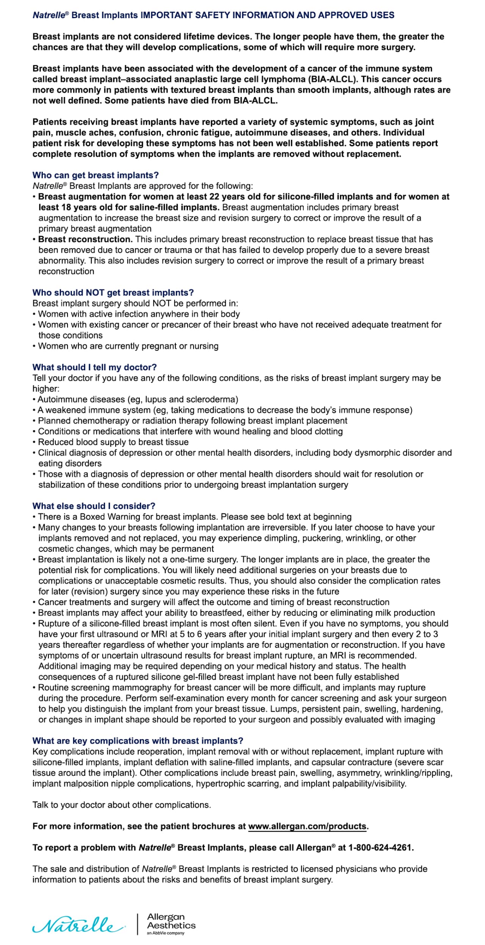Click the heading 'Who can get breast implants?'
(x=95, y=175)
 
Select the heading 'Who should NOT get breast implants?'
(x=113, y=293)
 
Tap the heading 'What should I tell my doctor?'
(x=94, y=367)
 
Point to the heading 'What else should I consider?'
(x=94, y=506)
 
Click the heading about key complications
(x=138, y=741)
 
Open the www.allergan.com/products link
(x=307, y=826)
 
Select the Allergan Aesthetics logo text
(x=171, y=921)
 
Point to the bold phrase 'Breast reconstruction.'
(x=85, y=239)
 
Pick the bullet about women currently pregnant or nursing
(x=128, y=346)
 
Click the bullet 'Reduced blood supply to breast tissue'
(x=113, y=442)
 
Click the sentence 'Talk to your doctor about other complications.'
(x=122, y=805)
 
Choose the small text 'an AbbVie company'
(x=166, y=933)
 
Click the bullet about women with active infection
(x=139, y=314)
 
